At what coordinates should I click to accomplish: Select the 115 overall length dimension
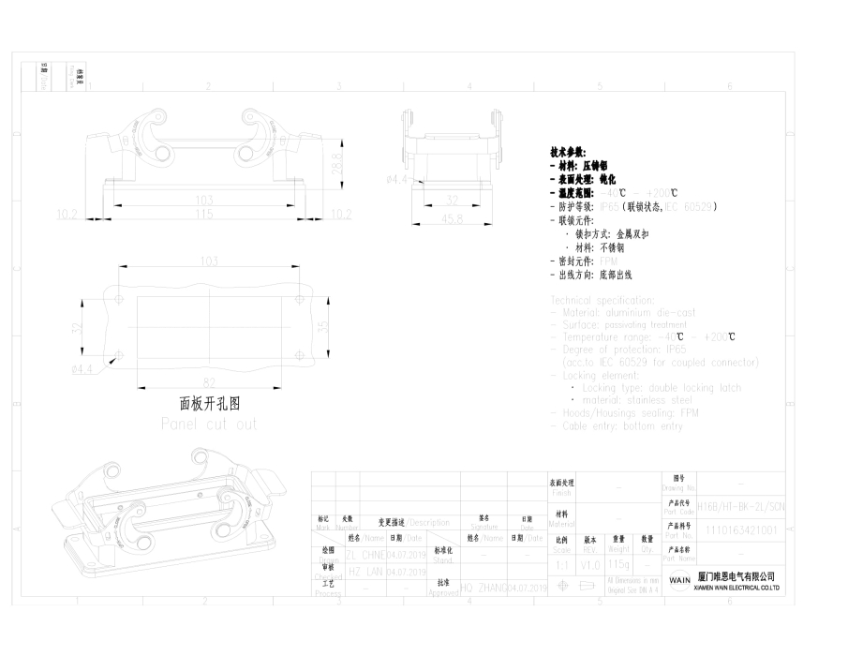pyautogui.click(x=204, y=215)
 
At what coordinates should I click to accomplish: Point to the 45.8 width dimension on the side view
pyautogui.click(x=452, y=218)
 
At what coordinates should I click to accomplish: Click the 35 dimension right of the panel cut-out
pyautogui.click(x=323, y=327)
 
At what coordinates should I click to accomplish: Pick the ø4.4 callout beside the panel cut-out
pyautogui.click(x=82, y=369)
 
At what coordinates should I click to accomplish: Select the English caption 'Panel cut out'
pyautogui.click(x=209, y=424)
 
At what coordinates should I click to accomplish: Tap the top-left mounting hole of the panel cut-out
pyautogui.click(x=119, y=300)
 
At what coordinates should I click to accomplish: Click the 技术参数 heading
pyautogui.click(x=569, y=151)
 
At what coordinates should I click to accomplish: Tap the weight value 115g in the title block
pyautogui.click(x=618, y=566)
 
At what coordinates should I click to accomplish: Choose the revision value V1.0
pyautogui.click(x=590, y=566)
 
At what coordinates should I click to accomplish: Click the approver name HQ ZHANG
pyautogui.click(x=484, y=589)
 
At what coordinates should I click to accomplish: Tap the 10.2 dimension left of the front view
pyautogui.click(x=67, y=215)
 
